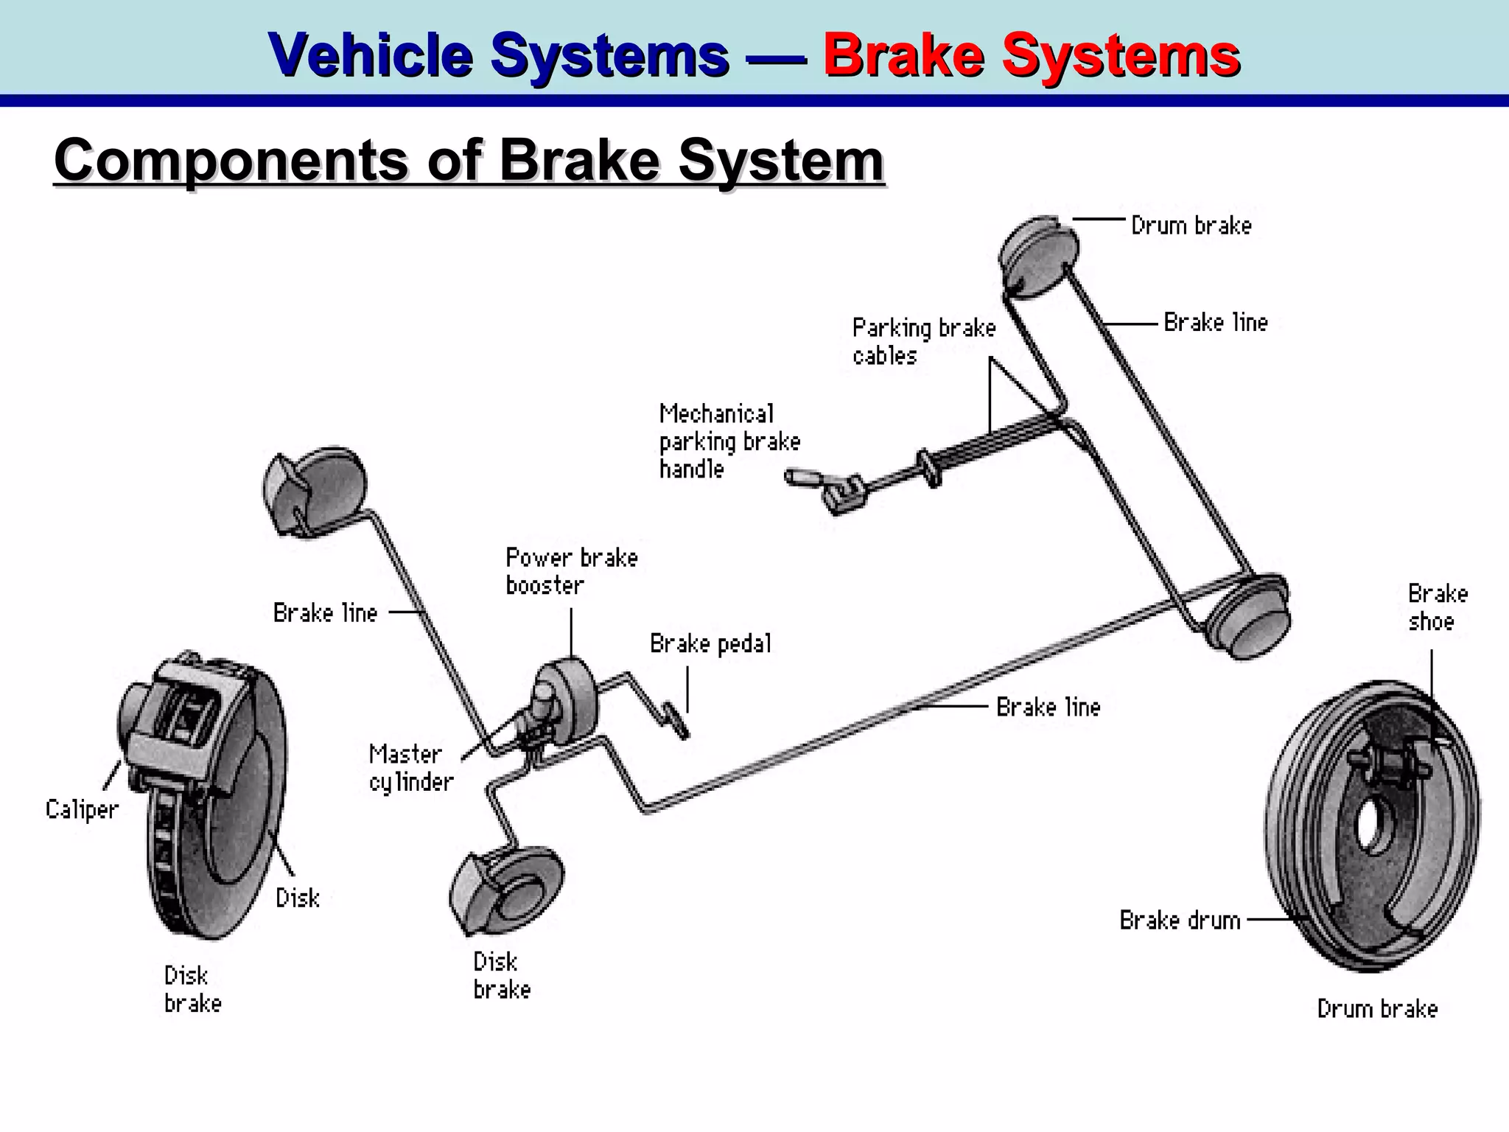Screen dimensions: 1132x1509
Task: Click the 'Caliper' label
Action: click(82, 809)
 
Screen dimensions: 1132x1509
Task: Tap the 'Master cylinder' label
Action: click(410, 768)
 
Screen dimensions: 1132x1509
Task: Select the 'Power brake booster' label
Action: click(571, 571)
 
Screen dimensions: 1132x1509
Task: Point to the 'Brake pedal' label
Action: click(710, 644)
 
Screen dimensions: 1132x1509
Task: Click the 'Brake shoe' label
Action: click(1437, 607)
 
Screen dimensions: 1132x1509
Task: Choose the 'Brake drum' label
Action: click(1180, 920)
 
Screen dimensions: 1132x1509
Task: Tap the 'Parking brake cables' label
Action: click(923, 341)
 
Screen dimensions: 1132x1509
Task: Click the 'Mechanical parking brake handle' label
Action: click(729, 441)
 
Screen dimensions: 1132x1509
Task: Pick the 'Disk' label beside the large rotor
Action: click(297, 898)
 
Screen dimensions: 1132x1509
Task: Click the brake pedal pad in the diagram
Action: click(676, 721)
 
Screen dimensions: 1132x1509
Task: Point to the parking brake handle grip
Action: click(799, 478)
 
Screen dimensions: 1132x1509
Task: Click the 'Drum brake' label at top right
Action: click(1191, 226)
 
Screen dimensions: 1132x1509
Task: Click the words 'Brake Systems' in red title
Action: click(1031, 55)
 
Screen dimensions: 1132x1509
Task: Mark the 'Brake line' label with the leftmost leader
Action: click(325, 612)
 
